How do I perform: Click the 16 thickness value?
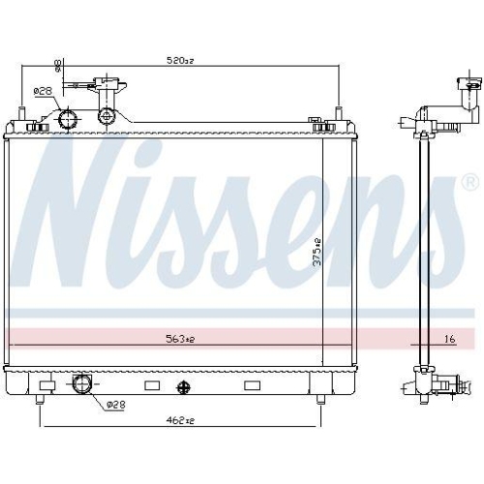(x=448, y=339)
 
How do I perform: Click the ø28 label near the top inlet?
(x=43, y=91)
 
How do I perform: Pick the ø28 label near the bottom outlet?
(x=114, y=404)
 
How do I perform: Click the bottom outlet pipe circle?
(x=80, y=385)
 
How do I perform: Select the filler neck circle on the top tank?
(x=106, y=117)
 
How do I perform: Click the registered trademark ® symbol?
(x=469, y=182)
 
